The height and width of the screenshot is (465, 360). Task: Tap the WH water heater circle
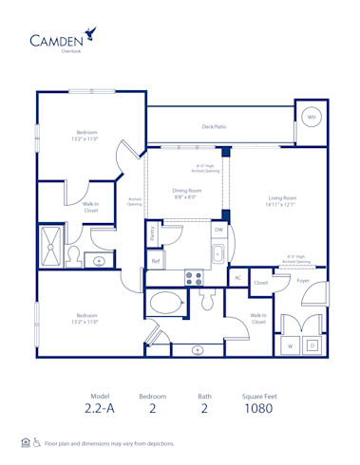(311, 117)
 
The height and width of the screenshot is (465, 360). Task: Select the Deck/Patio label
(214, 125)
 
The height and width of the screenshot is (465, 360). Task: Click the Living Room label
(281, 201)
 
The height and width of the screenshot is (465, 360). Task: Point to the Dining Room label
(186, 194)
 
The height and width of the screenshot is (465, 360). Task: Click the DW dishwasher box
(218, 230)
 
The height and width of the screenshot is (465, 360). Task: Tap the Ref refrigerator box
(156, 260)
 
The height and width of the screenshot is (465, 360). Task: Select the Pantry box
(154, 232)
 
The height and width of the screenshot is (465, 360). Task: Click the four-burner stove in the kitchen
(194, 278)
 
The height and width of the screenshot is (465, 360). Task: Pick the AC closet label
(237, 277)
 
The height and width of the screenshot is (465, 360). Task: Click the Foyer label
(303, 281)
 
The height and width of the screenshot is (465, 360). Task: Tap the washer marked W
(290, 346)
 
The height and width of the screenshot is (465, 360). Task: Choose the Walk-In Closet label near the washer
(257, 319)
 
